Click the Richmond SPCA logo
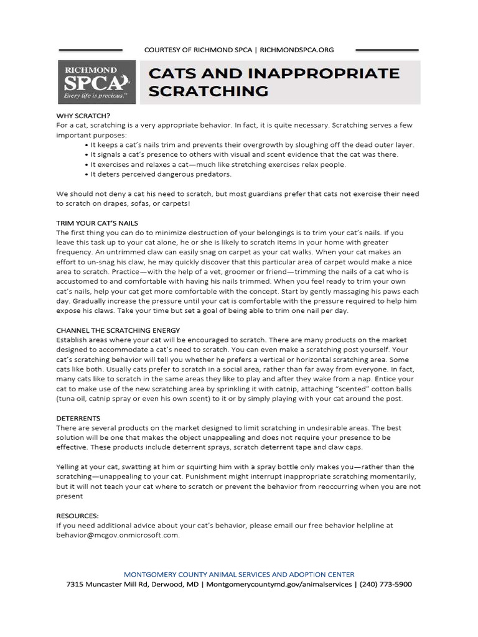(96, 82)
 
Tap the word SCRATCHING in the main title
(209, 91)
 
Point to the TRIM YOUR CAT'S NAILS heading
(96, 223)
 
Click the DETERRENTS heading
(78, 419)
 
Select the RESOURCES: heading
(77, 516)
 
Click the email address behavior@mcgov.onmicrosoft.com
(118, 534)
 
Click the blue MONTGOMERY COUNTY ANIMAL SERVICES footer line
(239, 574)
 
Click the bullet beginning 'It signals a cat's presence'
(243, 154)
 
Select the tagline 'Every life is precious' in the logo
(96, 98)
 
